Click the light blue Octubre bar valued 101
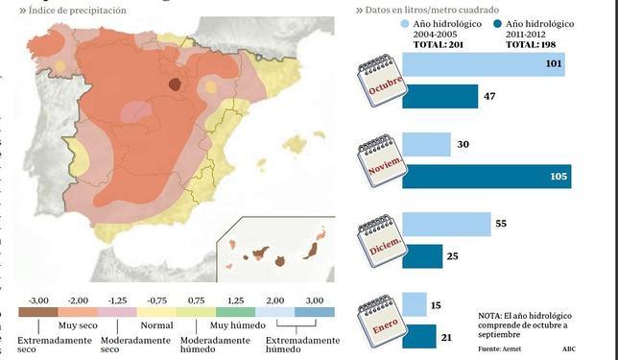coord(484,64)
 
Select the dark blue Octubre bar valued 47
coord(440,97)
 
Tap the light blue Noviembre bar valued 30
coord(426,145)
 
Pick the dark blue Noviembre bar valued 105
coord(486,177)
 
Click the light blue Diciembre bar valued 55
coord(446,224)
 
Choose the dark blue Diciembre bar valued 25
coord(422,256)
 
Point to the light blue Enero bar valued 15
coord(414,305)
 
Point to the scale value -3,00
coord(39,300)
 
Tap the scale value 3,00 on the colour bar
coord(315,300)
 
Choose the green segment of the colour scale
coord(236,313)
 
